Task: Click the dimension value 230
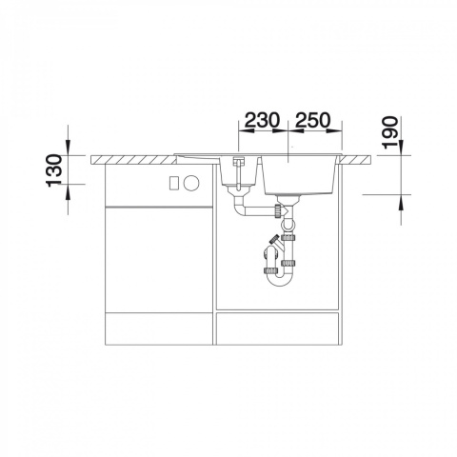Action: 263,120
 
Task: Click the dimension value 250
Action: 312,120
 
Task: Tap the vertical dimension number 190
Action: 390,132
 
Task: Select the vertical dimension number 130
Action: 54,170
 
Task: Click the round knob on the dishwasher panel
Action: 191,183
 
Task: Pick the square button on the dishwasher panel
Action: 175,184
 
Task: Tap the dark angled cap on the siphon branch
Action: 272,239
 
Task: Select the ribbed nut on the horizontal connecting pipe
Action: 278,210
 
